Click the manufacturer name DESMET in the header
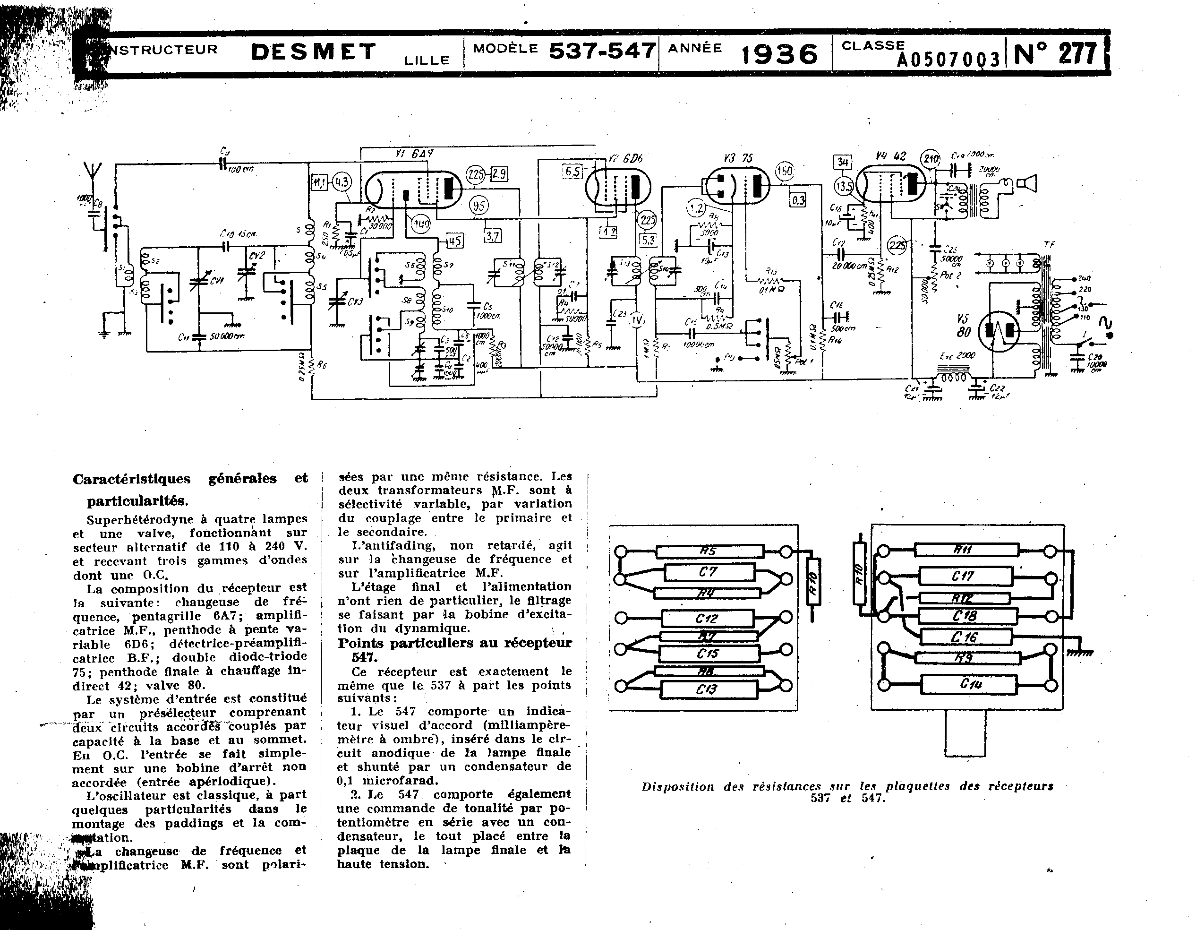pyautogui.click(x=313, y=52)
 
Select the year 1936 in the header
pyautogui.click(x=779, y=54)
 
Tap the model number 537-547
pyautogui.click(x=602, y=51)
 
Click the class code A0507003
pyautogui.click(x=948, y=60)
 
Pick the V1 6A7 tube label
pyautogui.click(x=414, y=154)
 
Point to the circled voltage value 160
pyautogui.click(x=784, y=172)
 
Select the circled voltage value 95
pyautogui.click(x=478, y=206)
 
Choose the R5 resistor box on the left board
pyautogui.click(x=709, y=551)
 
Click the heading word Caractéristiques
pyautogui.click(x=131, y=479)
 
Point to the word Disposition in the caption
pyautogui.click(x=677, y=786)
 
